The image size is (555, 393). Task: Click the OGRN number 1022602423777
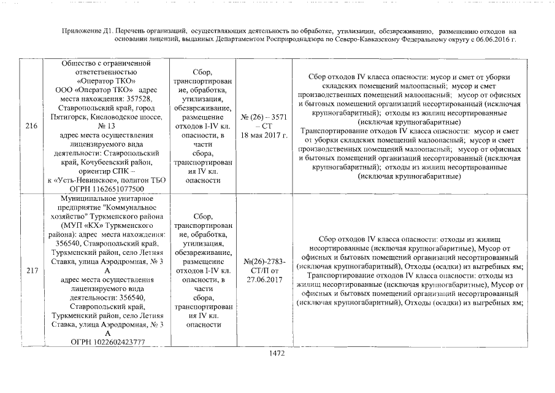pos(118,341)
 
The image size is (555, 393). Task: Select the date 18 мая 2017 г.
pos(264,135)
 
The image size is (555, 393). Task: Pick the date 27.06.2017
pos(264,279)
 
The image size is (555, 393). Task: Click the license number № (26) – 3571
pos(264,117)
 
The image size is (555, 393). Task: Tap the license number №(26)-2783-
pos(264,262)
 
